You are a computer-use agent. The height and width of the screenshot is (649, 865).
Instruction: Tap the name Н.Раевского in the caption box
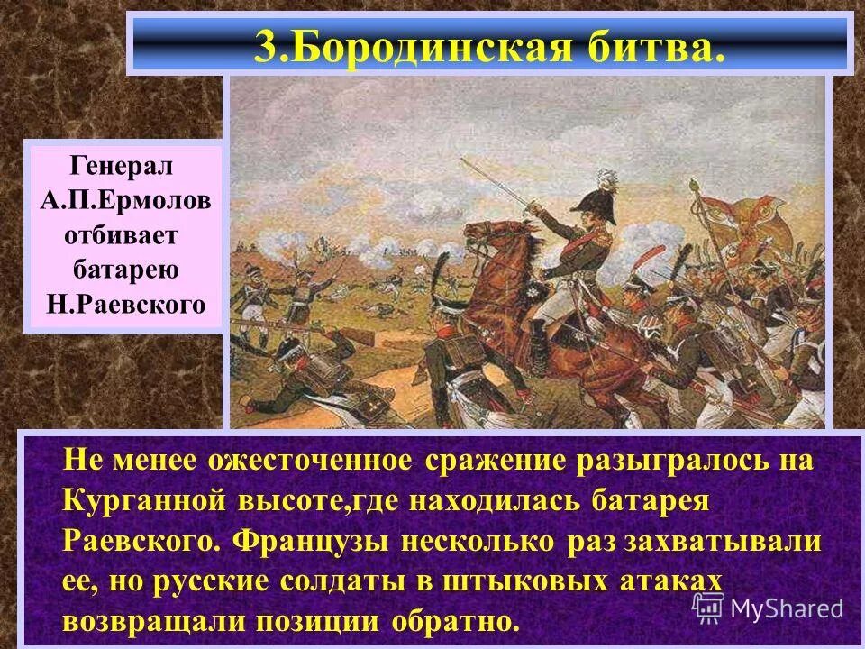coord(125,304)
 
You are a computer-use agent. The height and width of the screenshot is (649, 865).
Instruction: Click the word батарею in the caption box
coord(126,270)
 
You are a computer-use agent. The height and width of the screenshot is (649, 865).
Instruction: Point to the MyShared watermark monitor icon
coord(708,607)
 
